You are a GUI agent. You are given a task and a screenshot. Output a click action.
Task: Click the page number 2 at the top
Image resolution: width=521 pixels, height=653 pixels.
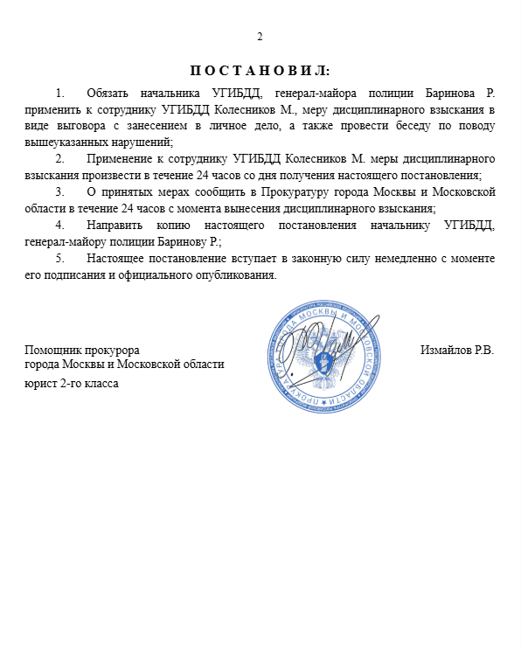pyautogui.click(x=260, y=36)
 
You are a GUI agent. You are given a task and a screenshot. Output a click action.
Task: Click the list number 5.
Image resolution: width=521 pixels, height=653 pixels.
pyautogui.click(x=59, y=259)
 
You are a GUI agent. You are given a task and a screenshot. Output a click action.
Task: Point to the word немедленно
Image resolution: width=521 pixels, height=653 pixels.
pyautogui.click(x=393, y=259)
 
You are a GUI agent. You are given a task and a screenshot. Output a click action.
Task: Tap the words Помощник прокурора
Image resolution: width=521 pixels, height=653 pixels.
pyautogui.click(x=82, y=351)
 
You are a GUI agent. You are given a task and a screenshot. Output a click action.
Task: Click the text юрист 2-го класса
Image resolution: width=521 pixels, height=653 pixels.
pyautogui.click(x=73, y=383)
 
